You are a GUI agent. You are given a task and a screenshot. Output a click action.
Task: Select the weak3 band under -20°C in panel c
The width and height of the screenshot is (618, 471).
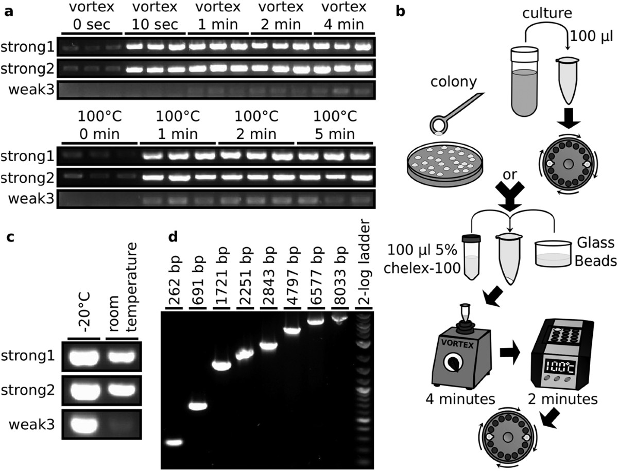(x=83, y=425)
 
